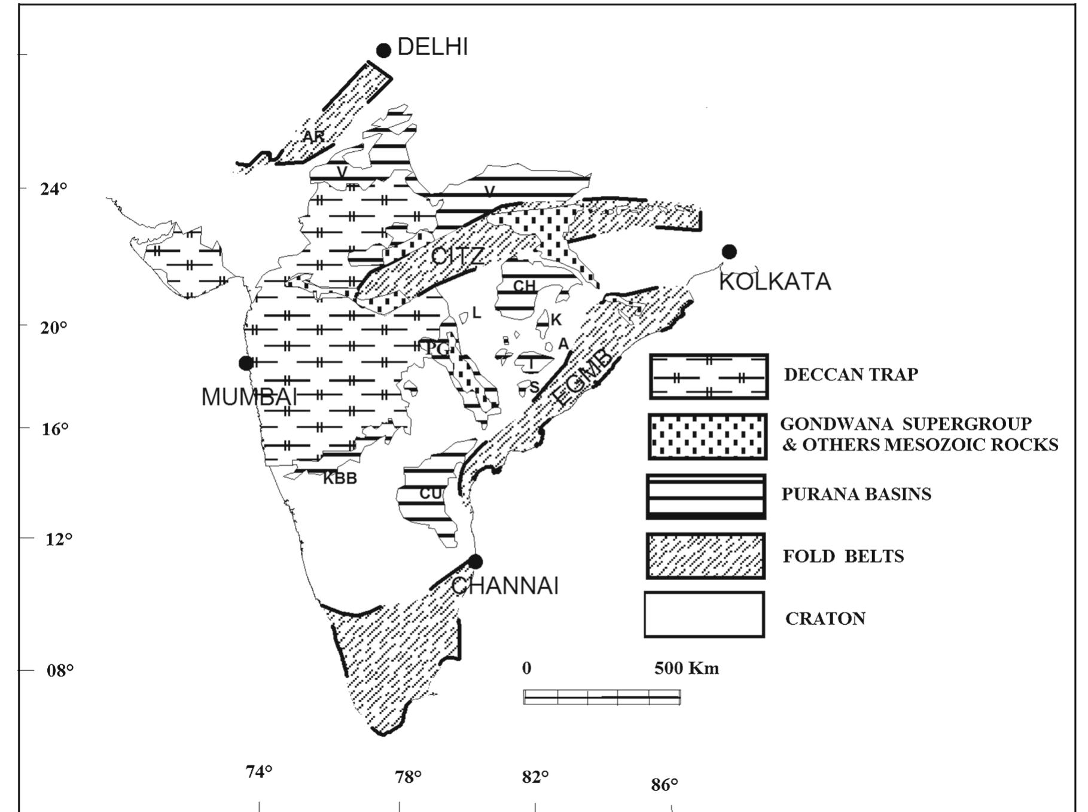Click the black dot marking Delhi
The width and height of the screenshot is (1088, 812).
pos(383,51)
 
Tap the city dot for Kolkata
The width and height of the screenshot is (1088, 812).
pos(729,252)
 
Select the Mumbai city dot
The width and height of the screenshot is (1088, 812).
pos(246,363)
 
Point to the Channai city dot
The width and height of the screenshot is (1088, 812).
pos(476,561)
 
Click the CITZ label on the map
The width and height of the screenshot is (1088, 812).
pos(458,257)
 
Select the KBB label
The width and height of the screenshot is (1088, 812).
pos(340,478)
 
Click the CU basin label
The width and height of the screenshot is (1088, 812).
pos(431,494)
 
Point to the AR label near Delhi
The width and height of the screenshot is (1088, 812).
pos(313,137)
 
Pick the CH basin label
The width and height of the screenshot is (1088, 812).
pos(525,286)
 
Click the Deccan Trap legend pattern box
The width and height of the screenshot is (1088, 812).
pos(709,377)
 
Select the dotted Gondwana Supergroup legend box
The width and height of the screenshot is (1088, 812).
pos(708,436)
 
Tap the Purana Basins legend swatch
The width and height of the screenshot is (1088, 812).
pos(706,496)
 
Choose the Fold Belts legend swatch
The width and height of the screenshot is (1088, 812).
pos(706,556)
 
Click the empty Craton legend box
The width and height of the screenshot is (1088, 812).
pos(705,615)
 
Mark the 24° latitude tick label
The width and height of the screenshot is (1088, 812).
pos(54,189)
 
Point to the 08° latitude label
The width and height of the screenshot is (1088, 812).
pos(60,670)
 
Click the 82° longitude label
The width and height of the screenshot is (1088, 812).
pos(535,777)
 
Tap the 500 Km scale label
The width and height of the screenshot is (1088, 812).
pos(686,668)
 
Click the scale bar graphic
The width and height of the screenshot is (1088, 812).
pos(602,697)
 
